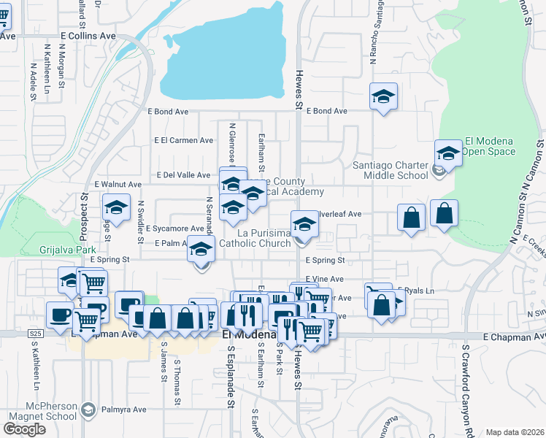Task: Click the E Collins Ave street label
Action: pyautogui.click(x=88, y=35)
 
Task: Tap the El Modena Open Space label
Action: pyautogui.click(x=490, y=147)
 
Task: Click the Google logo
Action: pyautogui.click(x=24, y=429)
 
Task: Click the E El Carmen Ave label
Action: pyautogui.click(x=183, y=140)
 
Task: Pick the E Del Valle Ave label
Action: pyautogui.click(x=185, y=175)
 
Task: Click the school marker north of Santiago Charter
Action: pyautogui.click(x=383, y=97)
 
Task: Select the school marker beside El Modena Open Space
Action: pyautogui.click(x=448, y=153)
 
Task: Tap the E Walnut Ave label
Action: pyautogui.click(x=118, y=185)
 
